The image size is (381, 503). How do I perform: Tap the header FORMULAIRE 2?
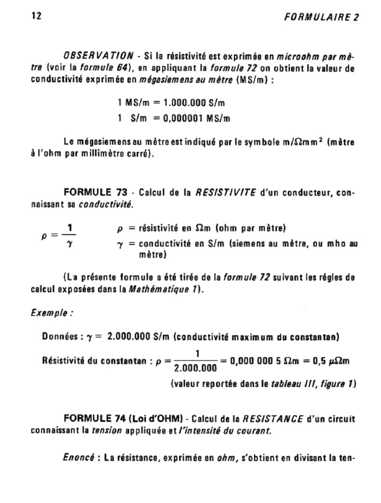click(x=321, y=17)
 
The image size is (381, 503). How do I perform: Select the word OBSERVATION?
click(x=98, y=55)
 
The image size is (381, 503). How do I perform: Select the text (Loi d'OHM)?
click(x=156, y=418)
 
